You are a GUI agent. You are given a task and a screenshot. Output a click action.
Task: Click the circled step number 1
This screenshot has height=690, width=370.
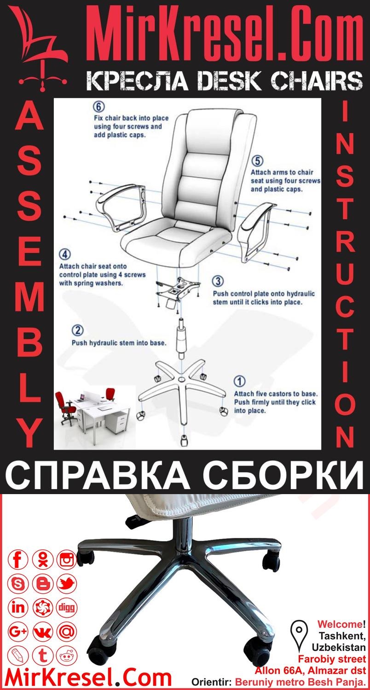click(x=240, y=382)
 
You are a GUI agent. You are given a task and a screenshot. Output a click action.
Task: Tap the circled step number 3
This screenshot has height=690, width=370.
click(x=218, y=281)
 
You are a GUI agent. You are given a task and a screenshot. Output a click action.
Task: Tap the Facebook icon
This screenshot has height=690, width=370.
click(x=18, y=560)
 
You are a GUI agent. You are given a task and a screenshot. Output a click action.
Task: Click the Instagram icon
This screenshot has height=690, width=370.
click(x=67, y=560)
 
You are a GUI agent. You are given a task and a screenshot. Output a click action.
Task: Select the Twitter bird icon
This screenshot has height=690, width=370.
click(x=67, y=584)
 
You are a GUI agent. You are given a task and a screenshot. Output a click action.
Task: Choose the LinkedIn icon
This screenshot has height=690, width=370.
click(x=18, y=607)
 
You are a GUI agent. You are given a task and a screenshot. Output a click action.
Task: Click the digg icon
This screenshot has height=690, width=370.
click(x=67, y=607)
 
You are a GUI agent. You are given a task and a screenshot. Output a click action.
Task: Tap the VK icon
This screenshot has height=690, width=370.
click(x=43, y=631)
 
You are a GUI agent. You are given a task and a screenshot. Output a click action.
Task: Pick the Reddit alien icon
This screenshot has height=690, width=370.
click(x=67, y=655)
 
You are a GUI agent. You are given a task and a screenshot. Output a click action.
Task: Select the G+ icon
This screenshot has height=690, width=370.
click(x=18, y=631)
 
